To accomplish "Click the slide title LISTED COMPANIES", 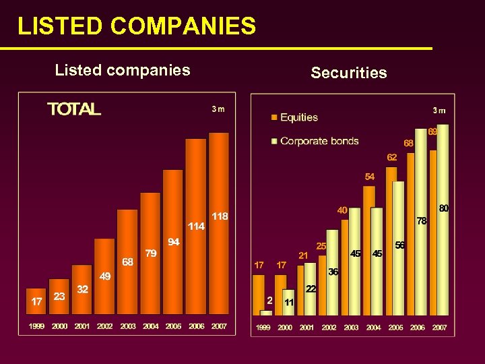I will [x=137, y=26].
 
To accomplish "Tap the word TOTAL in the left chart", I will [x=74, y=109].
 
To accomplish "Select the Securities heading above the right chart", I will [x=349, y=73].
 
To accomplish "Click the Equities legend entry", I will [x=298, y=117].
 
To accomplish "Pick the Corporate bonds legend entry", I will [x=319, y=141].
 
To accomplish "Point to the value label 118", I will [x=220, y=216].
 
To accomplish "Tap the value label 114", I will [x=196, y=226].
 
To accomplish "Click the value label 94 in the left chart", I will [x=173, y=241].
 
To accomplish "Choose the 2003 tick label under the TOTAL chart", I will [x=127, y=326].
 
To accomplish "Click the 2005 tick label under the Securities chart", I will [x=395, y=328].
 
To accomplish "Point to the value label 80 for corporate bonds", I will [x=444, y=209].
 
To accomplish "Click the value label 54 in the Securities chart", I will [x=370, y=177].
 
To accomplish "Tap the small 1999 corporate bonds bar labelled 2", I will [x=266, y=312].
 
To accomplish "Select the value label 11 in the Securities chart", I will [x=288, y=302].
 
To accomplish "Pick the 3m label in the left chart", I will [x=217, y=109].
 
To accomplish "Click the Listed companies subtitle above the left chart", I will [x=123, y=70].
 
